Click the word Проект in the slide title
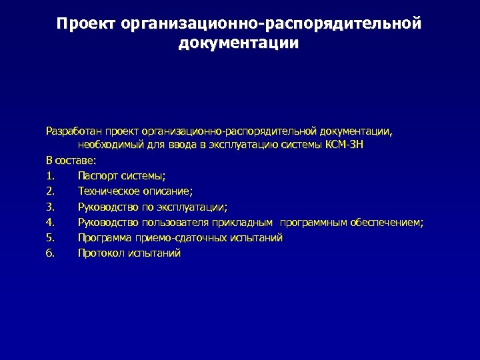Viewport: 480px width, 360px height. tap(87, 25)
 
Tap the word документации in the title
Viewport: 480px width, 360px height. tap(239, 44)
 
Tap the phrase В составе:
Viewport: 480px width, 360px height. tap(71, 160)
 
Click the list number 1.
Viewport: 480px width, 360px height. tap(50, 176)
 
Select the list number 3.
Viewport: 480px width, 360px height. tap(50, 207)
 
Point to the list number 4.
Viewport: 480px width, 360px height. tap(50, 222)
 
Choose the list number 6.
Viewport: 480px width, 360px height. tap(50, 253)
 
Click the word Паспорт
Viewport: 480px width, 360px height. tap(97, 176)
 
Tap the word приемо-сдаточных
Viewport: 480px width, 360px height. tap(174, 237)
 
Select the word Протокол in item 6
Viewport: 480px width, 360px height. tap(101, 253)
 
